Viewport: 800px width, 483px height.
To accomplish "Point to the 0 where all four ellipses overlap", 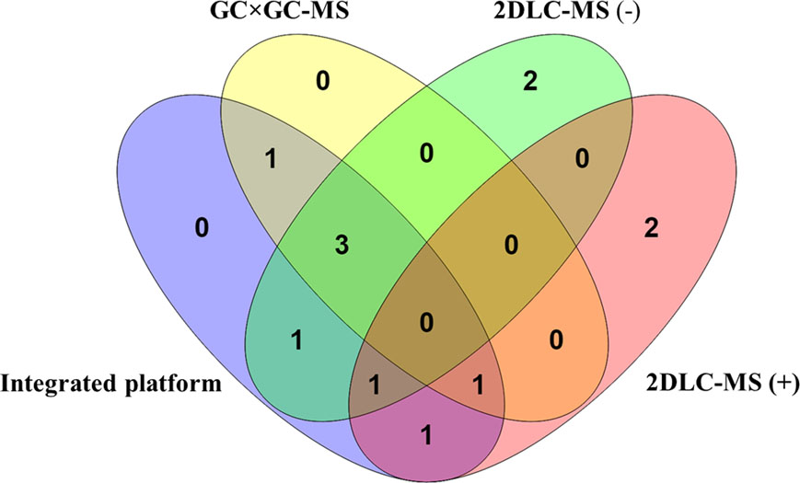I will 425,322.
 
